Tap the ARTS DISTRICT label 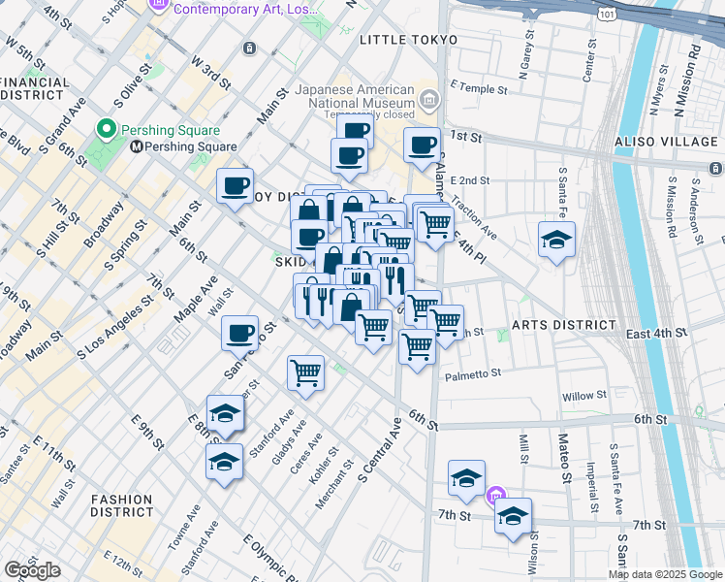pos(564,325)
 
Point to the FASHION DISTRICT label pos(121,505)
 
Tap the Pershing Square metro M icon pos(136,146)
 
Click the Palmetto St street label pos(473,373)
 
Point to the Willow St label pos(584,396)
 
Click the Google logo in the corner pos(32,570)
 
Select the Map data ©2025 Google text pos(665,574)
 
